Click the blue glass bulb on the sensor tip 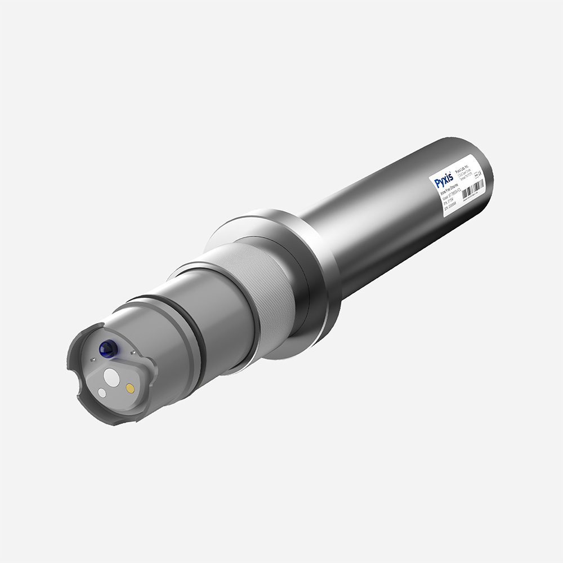(x=106, y=349)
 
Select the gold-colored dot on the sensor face (x=130, y=387)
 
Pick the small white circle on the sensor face (x=102, y=392)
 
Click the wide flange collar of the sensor (x=315, y=265)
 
